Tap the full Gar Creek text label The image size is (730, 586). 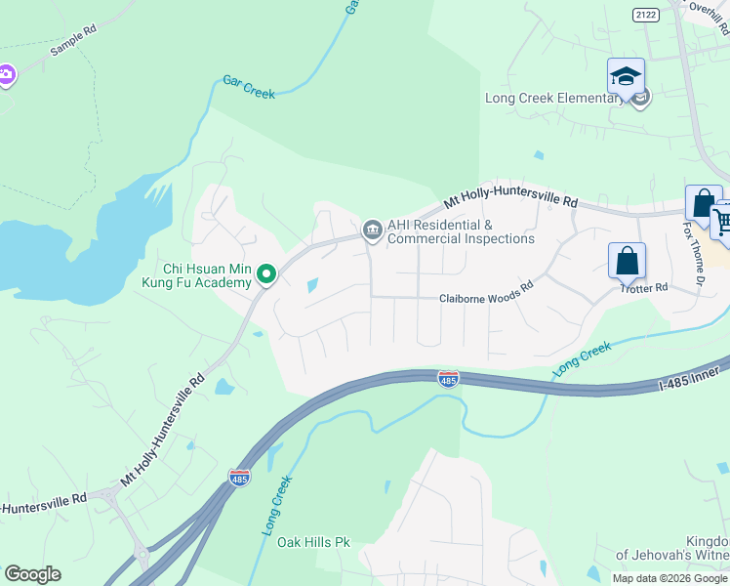click(249, 88)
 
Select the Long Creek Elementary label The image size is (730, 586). click(554, 98)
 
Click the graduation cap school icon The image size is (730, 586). click(626, 76)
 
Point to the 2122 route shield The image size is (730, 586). click(644, 14)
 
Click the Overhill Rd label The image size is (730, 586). click(709, 9)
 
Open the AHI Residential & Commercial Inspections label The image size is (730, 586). click(461, 231)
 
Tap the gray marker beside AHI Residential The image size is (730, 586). click(371, 230)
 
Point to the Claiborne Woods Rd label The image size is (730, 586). click(485, 299)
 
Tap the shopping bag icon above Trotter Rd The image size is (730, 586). click(627, 262)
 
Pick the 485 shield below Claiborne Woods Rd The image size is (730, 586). click(448, 378)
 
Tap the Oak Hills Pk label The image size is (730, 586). click(312, 542)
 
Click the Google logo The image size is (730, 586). click(32, 574)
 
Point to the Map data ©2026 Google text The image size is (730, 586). click(669, 578)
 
